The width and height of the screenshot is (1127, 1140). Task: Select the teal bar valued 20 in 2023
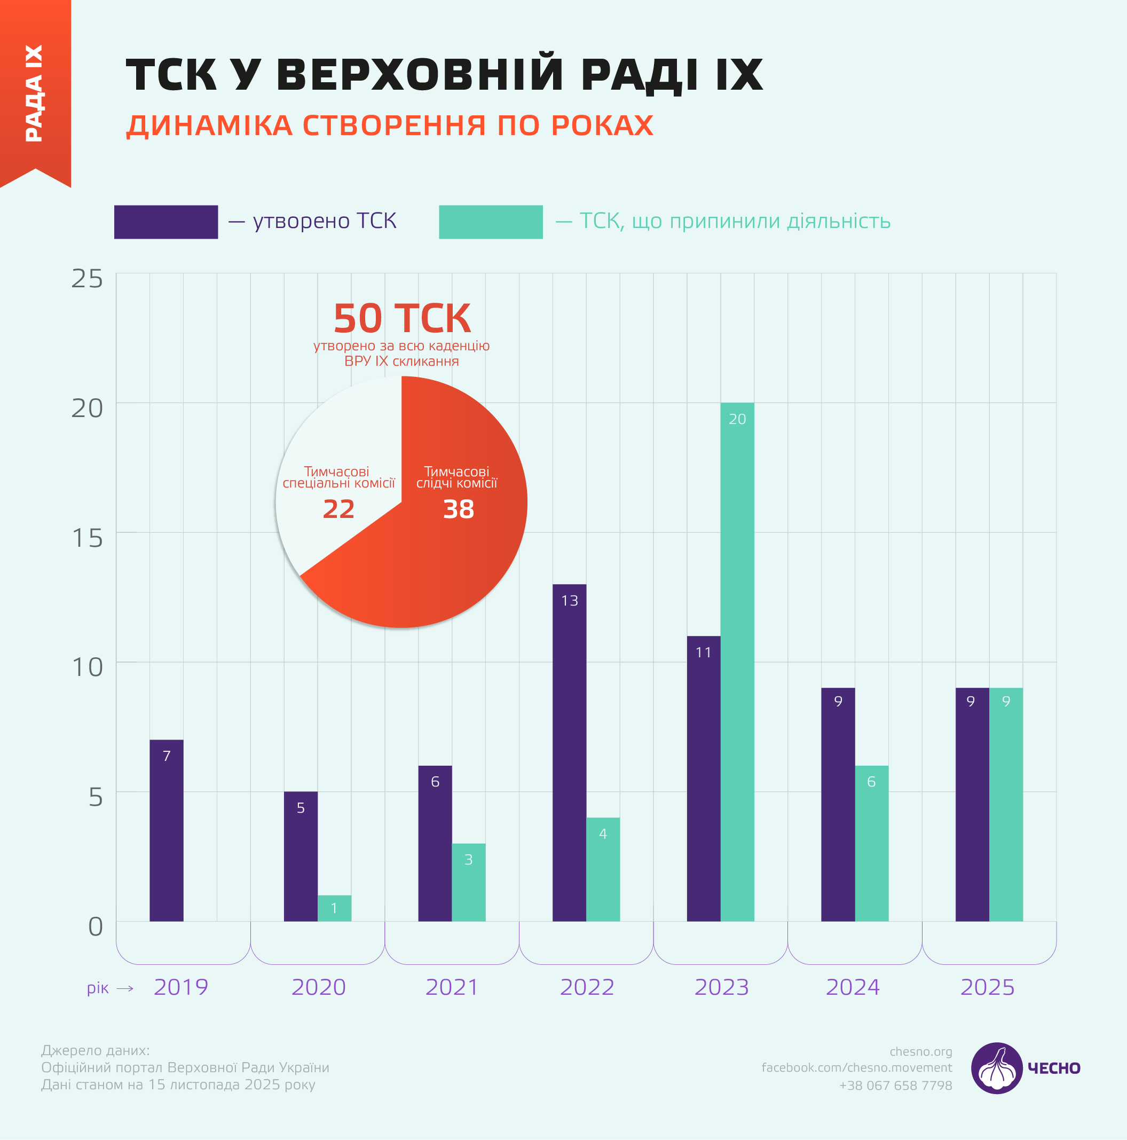tap(737, 661)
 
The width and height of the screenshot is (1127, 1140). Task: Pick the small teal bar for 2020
tap(334, 908)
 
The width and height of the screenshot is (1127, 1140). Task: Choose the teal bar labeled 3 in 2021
tap(469, 882)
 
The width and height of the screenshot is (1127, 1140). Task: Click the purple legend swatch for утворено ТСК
tap(166, 222)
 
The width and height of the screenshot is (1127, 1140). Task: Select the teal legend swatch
tap(490, 222)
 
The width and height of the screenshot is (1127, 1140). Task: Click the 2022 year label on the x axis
tap(587, 987)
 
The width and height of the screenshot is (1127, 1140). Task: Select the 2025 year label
tap(987, 987)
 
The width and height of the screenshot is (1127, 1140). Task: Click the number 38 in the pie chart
tap(459, 509)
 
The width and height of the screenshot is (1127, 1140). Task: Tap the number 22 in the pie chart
tap(338, 509)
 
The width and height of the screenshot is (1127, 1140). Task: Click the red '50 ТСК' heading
tap(402, 318)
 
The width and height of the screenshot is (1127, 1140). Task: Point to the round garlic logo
tap(997, 1068)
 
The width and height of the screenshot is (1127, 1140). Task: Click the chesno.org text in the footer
tap(920, 1051)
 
